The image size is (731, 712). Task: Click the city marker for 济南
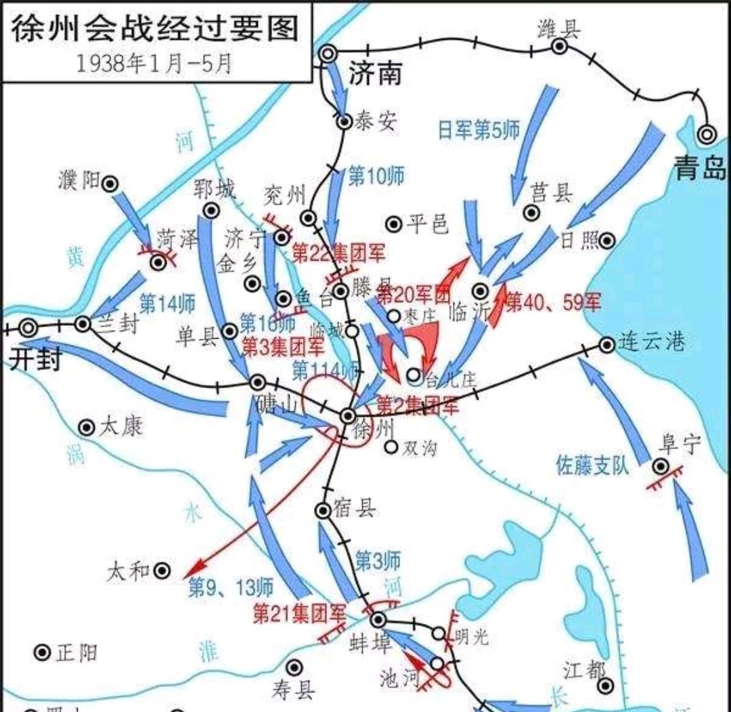coord(329,53)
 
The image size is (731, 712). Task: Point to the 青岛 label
coord(700,169)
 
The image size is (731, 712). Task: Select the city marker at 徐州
coord(347,415)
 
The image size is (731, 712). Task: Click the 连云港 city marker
coord(606,345)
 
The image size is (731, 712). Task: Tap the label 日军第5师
coord(479,130)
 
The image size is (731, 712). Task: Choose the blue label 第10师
coord(376,177)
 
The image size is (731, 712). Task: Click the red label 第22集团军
coord(338,254)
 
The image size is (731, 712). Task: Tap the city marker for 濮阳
coord(110,183)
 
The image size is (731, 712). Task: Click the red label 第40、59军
coord(553,302)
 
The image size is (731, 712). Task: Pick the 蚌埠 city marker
coord(378,619)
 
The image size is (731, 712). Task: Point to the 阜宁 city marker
coord(661,466)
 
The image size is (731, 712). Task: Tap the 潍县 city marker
coord(559,46)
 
